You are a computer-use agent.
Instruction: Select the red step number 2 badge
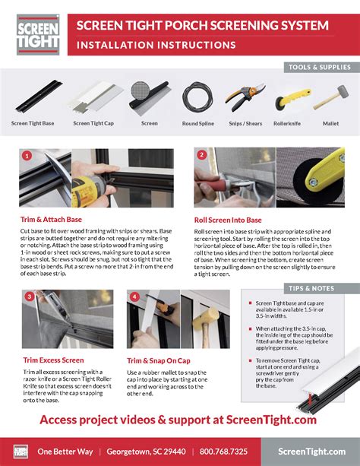coord(202,154)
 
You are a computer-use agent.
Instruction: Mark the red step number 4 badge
coord(134,296)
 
